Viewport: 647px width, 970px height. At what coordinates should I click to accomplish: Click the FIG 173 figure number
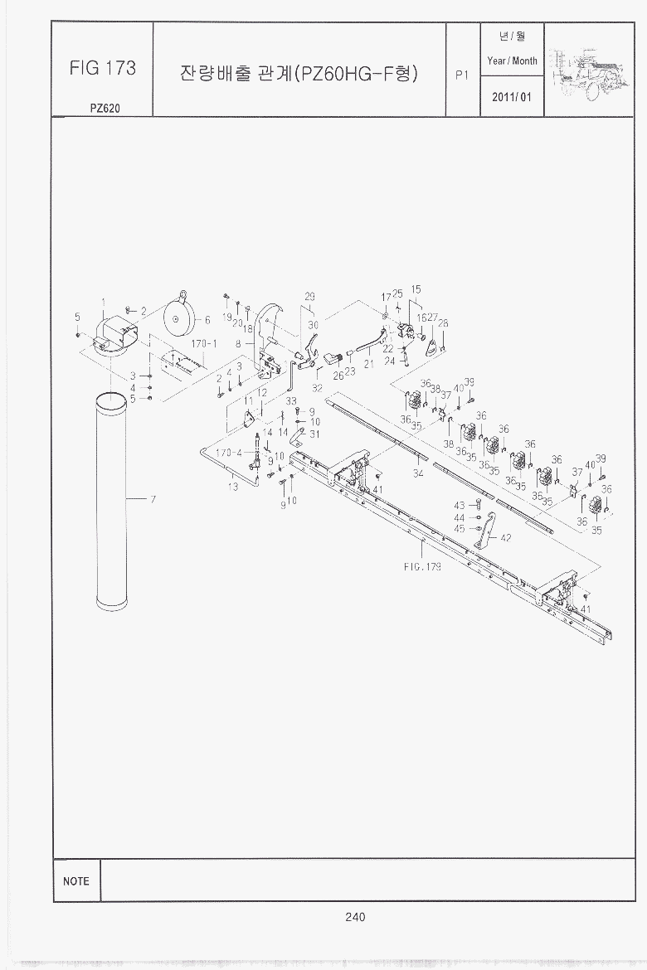click(103, 68)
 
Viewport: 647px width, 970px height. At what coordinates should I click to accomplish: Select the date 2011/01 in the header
click(512, 97)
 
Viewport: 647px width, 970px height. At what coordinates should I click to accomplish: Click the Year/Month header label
click(512, 61)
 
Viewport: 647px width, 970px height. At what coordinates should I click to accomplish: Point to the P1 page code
click(463, 75)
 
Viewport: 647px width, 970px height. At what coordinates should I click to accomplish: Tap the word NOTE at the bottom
click(75, 881)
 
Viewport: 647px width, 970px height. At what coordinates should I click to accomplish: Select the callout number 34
click(418, 473)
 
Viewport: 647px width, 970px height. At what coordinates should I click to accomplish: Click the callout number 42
click(506, 537)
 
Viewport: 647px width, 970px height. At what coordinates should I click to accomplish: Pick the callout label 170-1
click(203, 342)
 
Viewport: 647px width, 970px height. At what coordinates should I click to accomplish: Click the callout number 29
click(309, 297)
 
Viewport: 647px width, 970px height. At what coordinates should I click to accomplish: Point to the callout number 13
click(233, 487)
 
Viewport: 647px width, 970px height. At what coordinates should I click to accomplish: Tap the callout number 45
click(459, 529)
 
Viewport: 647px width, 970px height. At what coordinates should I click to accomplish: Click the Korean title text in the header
click(299, 73)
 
